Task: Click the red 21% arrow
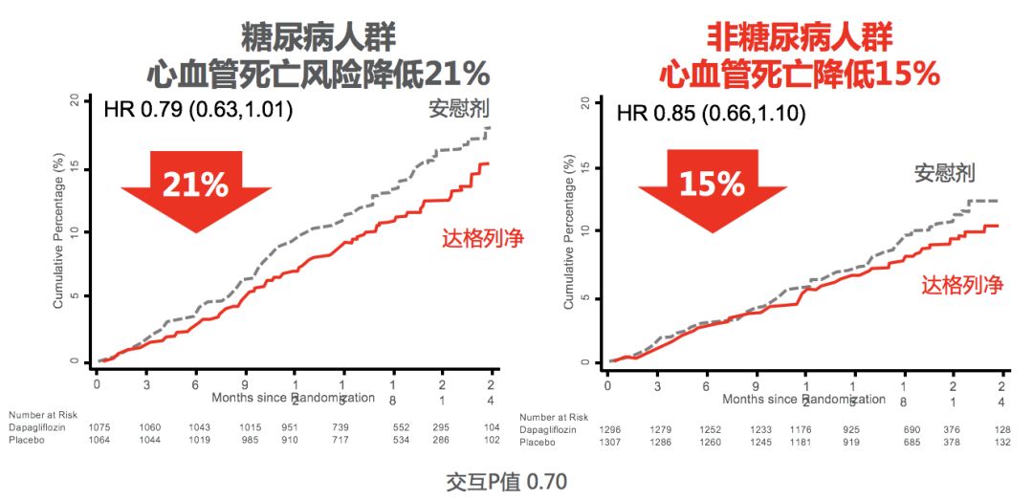point(195,186)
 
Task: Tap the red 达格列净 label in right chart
point(961,284)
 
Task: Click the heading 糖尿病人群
point(319,36)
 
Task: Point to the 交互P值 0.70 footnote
point(507,481)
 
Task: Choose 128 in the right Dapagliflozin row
point(1001,430)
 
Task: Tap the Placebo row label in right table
point(538,443)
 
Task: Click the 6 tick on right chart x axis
point(706,386)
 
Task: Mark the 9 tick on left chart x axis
point(245,384)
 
